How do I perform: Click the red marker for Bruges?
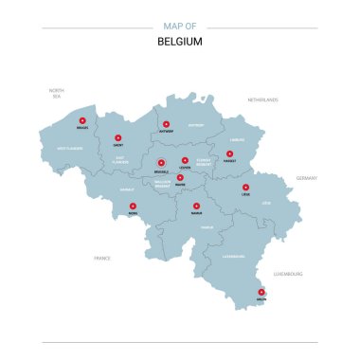pyautogui.click(x=81, y=120)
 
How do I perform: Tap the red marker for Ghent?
pyautogui.click(x=119, y=136)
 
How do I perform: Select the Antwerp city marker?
pyautogui.click(x=166, y=124)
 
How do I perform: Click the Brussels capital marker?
pyautogui.click(x=161, y=161)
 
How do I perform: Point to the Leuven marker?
pyautogui.click(x=185, y=160)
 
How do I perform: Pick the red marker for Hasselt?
pyautogui.click(x=229, y=153)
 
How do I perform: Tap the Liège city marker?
pyautogui.click(x=245, y=187)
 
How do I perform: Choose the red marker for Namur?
pyautogui.click(x=196, y=205)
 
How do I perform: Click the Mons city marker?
pyautogui.click(x=132, y=205)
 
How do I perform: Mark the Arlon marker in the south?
pyautogui.click(x=261, y=291)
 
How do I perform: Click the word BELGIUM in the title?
pyautogui.click(x=180, y=42)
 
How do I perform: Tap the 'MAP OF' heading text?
pyautogui.click(x=180, y=27)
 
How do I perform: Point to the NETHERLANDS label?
pyautogui.click(x=263, y=99)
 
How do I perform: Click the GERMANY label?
pyautogui.click(x=307, y=177)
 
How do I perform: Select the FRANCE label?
pyautogui.click(x=102, y=258)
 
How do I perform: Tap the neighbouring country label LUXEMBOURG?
pyautogui.click(x=288, y=273)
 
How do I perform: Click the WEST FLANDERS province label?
pyautogui.click(x=70, y=149)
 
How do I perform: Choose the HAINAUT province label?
pyautogui.click(x=127, y=189)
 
